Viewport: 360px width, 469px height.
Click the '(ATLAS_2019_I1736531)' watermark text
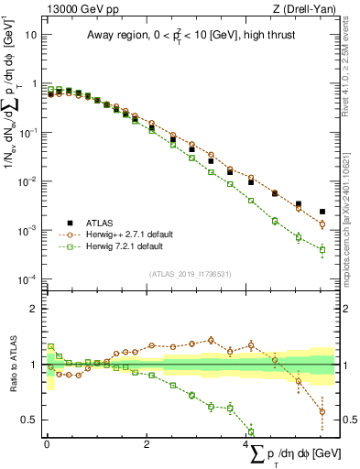[190, 273]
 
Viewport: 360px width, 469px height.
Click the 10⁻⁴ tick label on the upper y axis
[29, 278]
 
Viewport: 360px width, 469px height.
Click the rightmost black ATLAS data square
[322, 212]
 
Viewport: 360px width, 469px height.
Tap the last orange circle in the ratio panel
[322, 411]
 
